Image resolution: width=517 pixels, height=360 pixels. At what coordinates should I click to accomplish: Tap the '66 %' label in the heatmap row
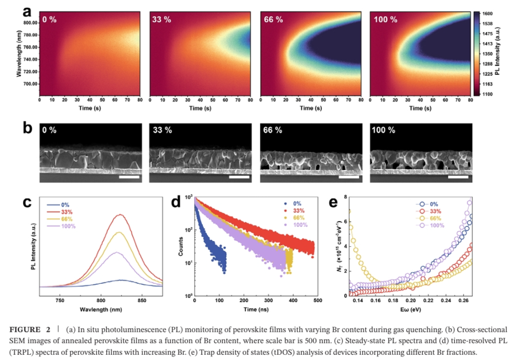point(272,20)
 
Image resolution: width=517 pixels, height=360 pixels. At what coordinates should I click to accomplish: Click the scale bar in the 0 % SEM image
point(130,177)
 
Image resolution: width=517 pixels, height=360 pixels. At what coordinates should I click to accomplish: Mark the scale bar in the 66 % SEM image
point(349,177)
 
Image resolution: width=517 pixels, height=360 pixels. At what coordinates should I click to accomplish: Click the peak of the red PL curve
point(120,215)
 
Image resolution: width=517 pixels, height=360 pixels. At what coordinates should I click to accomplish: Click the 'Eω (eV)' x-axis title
point(410,309)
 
